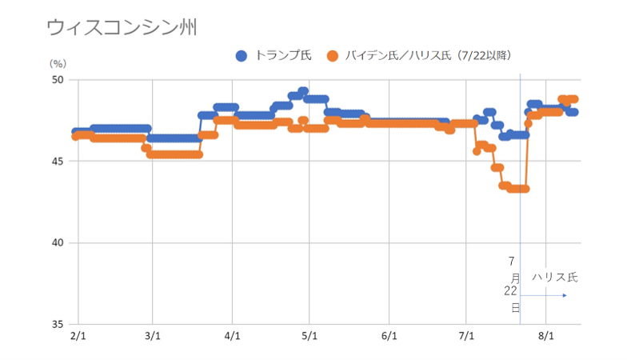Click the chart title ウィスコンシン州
click(x=122, y=27)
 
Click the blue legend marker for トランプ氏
click(x=242, y=55)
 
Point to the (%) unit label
click(x=58, y=62)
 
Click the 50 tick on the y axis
click(x=58, y=80)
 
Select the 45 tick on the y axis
click(x=58, y=162)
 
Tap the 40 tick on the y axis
click(x=58, y=243)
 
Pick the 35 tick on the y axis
click(x=58, y=325)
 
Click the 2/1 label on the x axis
click(x=78, y=337)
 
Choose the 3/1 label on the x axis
click(x=154, y=337)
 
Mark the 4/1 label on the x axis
click(x=233, y=337)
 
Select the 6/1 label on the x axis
click(x=389, y=337)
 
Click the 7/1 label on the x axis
click(x=467, y=337)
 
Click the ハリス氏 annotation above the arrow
click(x=554, y=278)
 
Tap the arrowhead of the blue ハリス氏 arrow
click(x=565, y=295)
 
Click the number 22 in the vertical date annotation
click(x=511, y=291)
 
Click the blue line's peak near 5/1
click(x=303, y=91)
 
